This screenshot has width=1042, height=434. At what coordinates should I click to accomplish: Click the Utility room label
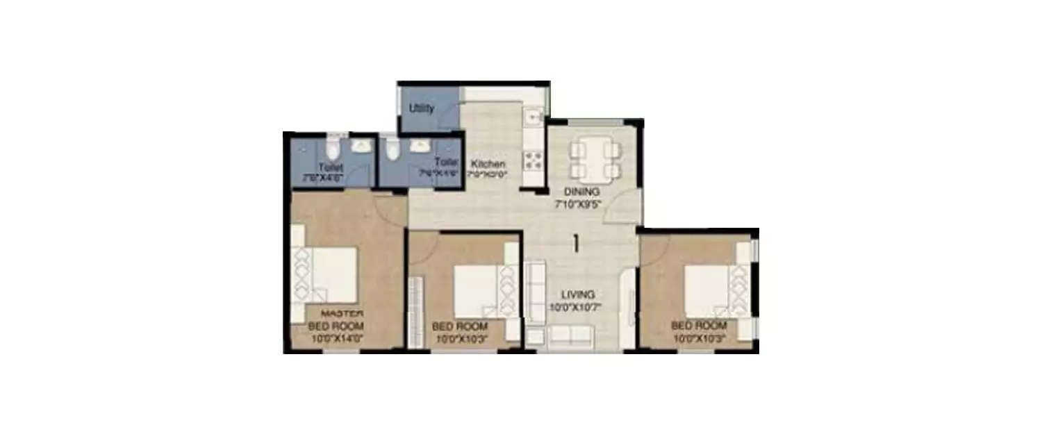[422, 108]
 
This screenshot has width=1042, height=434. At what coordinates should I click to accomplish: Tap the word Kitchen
[487, 164]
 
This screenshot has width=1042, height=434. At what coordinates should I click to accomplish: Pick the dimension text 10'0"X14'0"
[336, 339]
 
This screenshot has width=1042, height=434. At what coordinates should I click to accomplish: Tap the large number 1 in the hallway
[576, 243]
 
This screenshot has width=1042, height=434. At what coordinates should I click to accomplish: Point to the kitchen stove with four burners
[533, 160]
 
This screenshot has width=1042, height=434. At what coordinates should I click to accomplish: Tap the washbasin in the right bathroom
[420, 146]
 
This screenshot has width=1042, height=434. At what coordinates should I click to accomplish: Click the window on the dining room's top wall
[593, 123]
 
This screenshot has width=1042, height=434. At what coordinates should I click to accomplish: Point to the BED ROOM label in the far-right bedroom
[699, 326]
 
